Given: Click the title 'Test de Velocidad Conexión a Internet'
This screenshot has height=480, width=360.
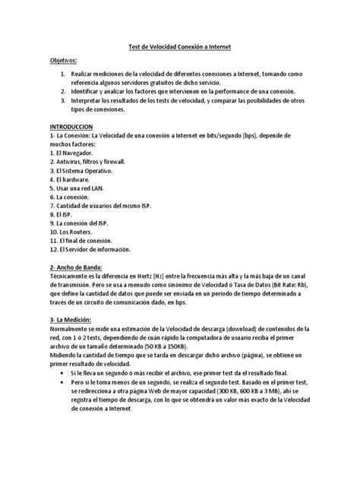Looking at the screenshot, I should [179, 47].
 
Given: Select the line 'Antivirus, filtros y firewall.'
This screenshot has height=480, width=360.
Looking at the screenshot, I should [87, 162].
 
